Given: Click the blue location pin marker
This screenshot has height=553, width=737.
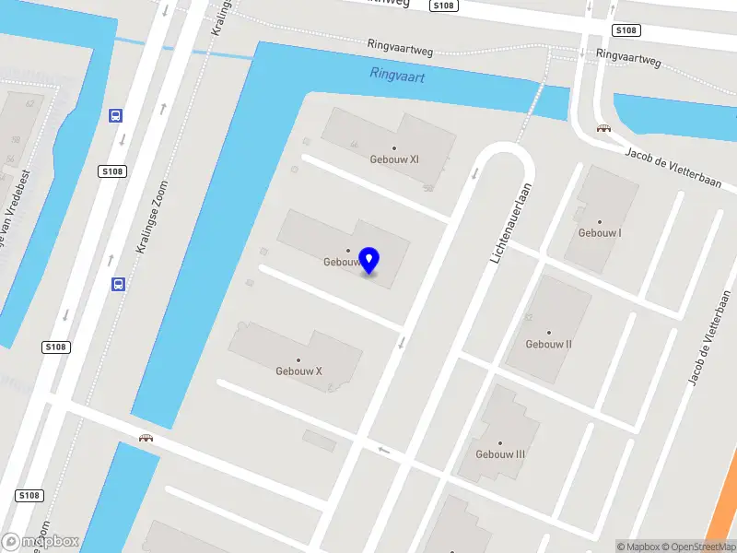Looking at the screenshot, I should pos(369,261).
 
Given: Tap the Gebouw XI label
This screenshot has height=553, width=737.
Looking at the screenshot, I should pos(395,159).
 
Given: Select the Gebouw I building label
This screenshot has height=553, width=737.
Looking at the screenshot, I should pos(600,233).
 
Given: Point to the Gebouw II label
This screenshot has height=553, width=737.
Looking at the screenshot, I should pos(549,344).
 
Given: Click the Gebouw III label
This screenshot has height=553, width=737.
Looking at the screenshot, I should pos(500,454).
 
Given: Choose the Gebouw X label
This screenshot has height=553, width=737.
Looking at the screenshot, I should pos(298,371).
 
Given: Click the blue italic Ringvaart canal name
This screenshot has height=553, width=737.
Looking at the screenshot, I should pos(397,76).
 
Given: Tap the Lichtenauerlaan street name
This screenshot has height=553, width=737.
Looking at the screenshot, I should pos(512,226).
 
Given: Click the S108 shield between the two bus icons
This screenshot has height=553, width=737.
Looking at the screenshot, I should pos(111,172).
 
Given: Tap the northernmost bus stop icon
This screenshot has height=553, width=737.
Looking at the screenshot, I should pos(116,116).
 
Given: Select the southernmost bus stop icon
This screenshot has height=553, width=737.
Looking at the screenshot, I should pos(118,284).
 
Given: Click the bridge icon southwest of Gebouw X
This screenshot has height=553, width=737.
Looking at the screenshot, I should pos(146,438).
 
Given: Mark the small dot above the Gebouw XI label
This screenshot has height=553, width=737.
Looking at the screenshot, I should pos(394,147).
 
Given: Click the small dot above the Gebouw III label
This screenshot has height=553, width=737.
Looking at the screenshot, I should pos(500,442).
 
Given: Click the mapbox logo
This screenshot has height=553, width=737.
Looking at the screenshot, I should pos(41,542).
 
